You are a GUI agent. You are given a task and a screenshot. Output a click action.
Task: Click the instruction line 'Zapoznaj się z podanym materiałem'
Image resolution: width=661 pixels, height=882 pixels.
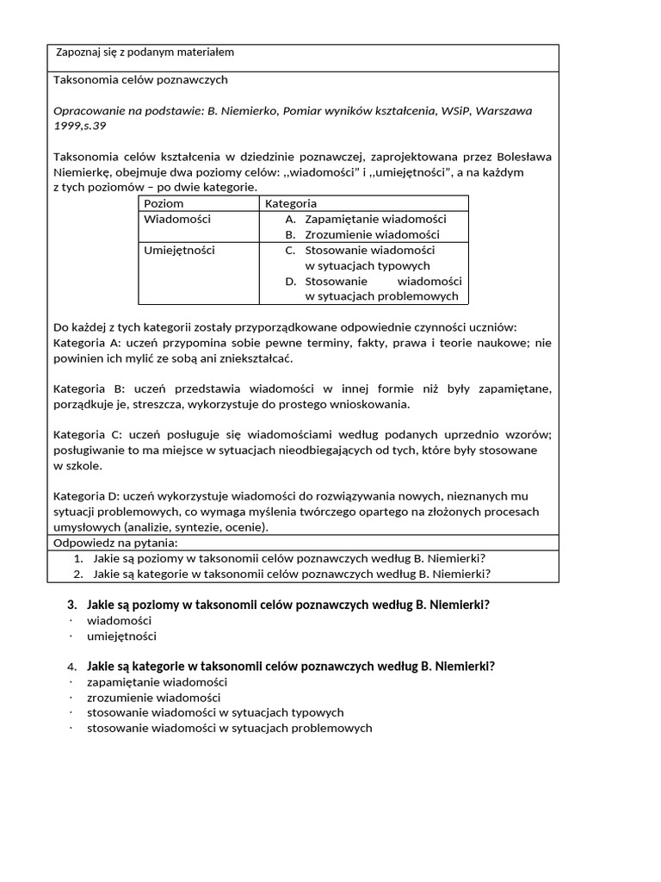145,53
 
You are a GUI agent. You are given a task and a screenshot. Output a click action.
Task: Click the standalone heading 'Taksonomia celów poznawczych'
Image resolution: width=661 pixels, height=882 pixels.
140,79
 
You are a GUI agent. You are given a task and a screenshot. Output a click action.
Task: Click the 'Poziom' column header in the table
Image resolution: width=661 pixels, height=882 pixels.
164,203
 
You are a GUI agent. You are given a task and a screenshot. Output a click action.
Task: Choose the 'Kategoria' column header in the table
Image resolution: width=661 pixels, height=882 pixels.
291,203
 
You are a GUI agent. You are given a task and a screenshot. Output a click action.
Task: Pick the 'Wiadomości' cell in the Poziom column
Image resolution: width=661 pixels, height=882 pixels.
177,219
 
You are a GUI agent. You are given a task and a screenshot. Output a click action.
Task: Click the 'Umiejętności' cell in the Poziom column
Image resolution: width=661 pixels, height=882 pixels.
179,250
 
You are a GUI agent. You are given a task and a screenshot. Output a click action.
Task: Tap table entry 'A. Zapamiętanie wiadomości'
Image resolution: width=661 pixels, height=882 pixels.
365,219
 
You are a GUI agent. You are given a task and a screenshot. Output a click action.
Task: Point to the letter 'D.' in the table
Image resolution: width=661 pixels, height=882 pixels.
290,281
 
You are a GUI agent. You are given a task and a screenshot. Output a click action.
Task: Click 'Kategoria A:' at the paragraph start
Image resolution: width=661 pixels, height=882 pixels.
90,343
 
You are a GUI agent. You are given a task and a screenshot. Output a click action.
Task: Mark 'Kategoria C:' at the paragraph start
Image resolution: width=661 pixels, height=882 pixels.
90,434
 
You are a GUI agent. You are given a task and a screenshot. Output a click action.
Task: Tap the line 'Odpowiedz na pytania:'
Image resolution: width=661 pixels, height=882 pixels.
114,543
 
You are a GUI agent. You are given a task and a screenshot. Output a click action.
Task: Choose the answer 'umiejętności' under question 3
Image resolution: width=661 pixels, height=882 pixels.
121,637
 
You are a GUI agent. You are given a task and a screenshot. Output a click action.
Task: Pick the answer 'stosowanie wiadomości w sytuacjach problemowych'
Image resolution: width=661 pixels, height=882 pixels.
229,728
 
